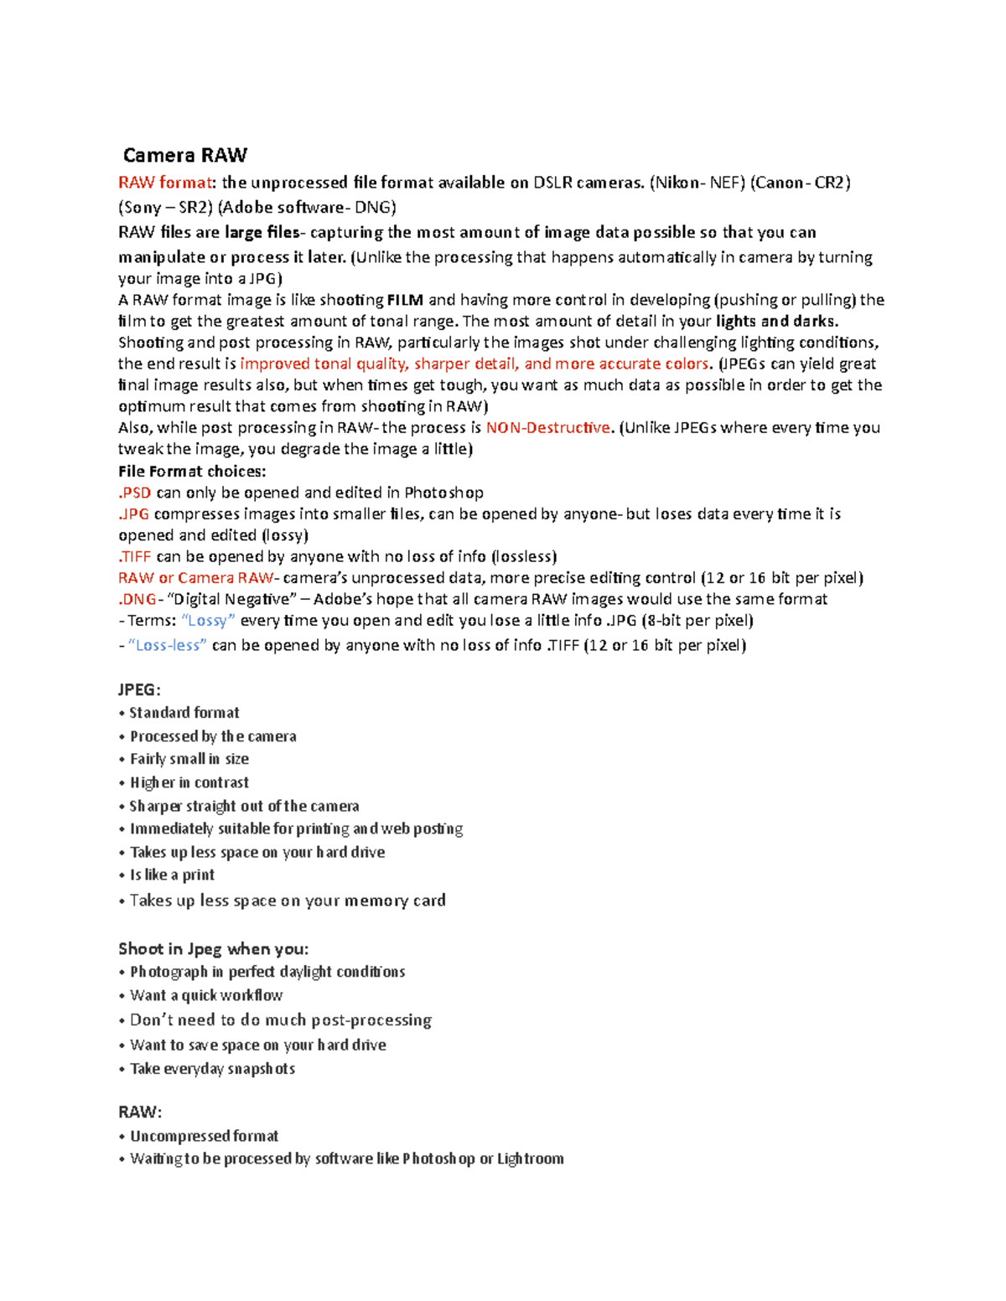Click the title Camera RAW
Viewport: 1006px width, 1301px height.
(185, 156)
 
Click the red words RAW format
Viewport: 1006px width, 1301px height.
(164, 183)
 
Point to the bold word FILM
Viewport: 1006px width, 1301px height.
(405, 300)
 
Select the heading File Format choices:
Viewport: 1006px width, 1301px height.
(192, 471)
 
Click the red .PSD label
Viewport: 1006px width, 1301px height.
(134, 493)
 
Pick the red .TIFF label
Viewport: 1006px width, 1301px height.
(135, 556)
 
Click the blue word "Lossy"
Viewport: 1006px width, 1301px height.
(208, 621)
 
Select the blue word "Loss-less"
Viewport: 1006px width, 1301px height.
(167, 645)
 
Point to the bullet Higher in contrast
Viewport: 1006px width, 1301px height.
(189, 782)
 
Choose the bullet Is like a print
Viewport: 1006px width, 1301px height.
(172, 875)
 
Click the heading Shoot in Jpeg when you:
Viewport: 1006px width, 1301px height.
(213, 948)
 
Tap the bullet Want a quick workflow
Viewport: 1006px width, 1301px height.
(205, 995)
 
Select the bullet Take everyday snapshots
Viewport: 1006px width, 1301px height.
(212, 1069)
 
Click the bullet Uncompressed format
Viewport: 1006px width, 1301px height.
(204, 1136)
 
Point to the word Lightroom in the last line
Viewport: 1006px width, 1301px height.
(530, 1159)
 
